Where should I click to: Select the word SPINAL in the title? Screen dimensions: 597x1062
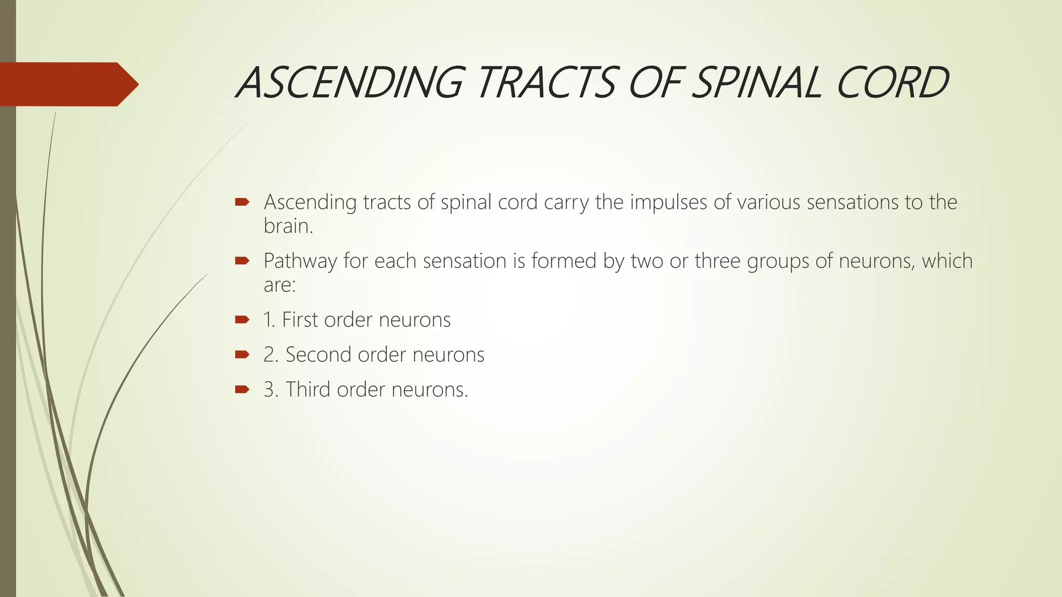click(x=758, y=83)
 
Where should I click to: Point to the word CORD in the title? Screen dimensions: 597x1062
click(x=892, y=83)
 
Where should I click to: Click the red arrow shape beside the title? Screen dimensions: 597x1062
click(x=67, y=84)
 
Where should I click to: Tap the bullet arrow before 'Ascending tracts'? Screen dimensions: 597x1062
click(x=242, y=202)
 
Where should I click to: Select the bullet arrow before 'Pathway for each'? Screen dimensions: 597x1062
click(x=242, y=261)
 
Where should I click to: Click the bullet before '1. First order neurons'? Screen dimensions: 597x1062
click(x=242, y=320)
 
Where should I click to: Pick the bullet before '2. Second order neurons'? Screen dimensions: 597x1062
click(x=242, y=354)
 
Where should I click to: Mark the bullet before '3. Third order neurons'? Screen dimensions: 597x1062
click(x=242, y=389)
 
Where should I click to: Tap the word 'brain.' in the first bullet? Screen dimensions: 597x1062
click(x=288, y=226)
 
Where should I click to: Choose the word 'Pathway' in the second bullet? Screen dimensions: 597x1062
click(x=300, y=261)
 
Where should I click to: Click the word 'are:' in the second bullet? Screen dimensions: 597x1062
click(x=280, y=285)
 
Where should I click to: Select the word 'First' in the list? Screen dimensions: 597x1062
click(x=300, y=320)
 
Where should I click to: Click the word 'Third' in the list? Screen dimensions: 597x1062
click(x=308, y=389)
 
